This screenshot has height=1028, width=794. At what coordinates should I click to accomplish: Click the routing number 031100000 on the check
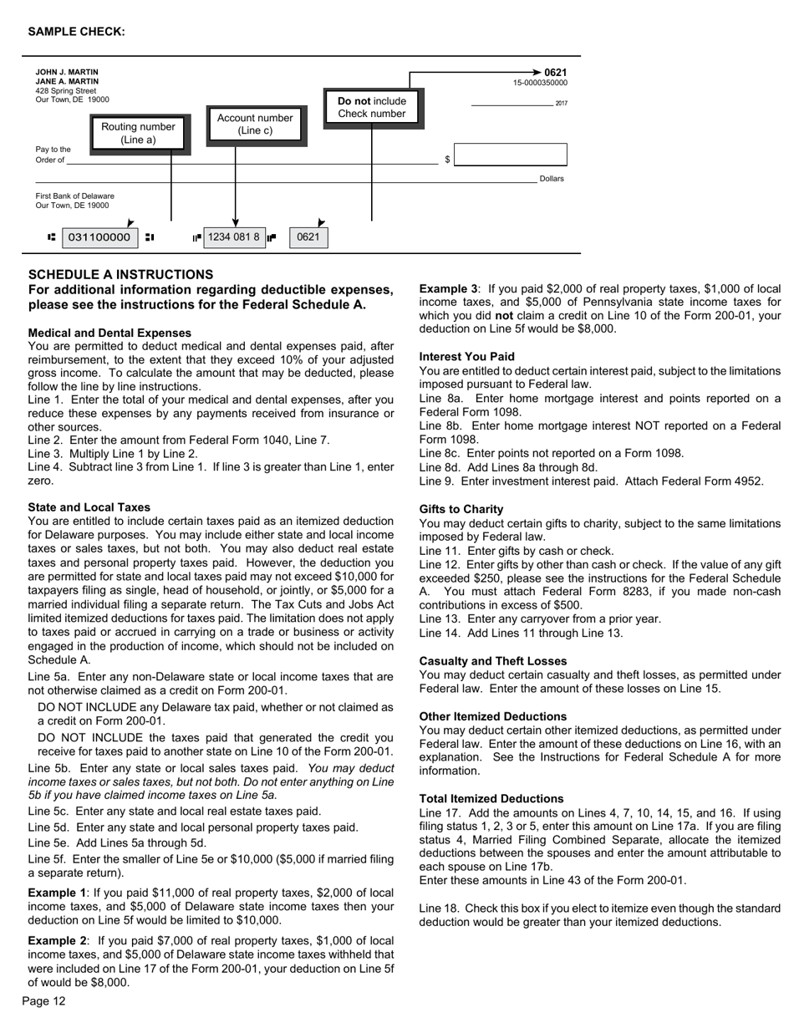click(x=99, y=237)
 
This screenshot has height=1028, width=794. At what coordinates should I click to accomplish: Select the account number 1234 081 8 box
click(x=234, y=237)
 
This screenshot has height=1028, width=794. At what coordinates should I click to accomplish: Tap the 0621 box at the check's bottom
click(x=308, y=237)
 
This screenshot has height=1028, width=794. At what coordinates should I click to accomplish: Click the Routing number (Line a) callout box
click(x=139, y=133)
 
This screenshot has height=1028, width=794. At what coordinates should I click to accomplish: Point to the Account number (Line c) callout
click(x=255, y=124)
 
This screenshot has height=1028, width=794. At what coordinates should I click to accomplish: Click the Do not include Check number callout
click(x=372, y=107)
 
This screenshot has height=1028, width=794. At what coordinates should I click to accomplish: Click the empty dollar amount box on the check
click(x=510, y=155)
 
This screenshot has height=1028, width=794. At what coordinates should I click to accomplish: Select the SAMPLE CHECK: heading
click(x=77, y=32)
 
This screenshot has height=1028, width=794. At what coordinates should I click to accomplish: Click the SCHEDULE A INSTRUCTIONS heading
click(x=120, y=274)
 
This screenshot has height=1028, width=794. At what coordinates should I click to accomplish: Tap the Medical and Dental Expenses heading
click(x=109, y=333)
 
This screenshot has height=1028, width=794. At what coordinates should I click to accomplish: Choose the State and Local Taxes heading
click(x=89, y=507)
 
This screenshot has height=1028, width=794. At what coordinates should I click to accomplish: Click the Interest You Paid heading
click(x=467, y=356)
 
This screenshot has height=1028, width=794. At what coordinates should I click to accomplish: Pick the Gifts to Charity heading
click(x=461, y=509)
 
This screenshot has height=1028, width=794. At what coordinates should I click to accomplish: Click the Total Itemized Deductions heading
click(x=491, y=798)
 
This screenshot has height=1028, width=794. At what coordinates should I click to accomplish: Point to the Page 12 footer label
click(x=43, y=1001)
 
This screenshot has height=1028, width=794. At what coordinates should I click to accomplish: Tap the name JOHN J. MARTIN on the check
click(x=67, y=73)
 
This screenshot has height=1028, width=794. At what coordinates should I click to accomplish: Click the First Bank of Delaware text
click(x=75, y=196)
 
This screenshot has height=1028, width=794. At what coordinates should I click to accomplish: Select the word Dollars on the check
click(x=552, y=179)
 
